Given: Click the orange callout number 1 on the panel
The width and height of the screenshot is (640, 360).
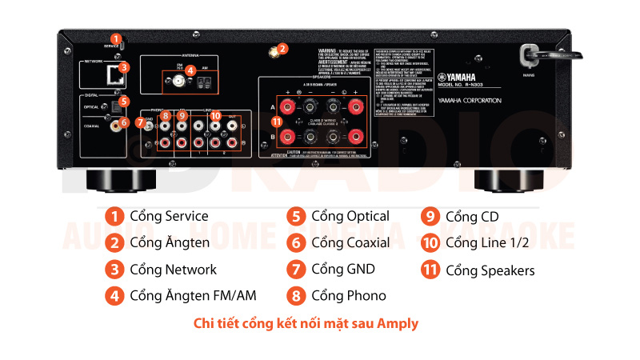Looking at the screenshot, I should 116,38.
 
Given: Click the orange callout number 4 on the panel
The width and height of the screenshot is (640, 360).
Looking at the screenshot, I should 190,70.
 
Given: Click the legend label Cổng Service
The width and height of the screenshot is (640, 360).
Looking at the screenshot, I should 169,216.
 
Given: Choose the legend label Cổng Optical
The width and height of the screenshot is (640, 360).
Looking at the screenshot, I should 350,216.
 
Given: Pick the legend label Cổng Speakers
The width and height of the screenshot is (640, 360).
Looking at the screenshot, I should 490,270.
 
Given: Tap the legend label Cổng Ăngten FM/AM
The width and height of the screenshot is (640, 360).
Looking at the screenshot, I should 193,296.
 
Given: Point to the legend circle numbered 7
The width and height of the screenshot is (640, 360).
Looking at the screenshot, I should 296,269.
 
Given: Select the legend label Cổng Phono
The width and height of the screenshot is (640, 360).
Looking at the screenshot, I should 349,296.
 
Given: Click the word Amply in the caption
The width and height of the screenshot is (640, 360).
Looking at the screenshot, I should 398,324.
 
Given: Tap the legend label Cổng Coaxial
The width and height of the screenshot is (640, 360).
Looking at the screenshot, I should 350,242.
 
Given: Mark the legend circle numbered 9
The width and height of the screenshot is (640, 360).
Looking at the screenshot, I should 430,217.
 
